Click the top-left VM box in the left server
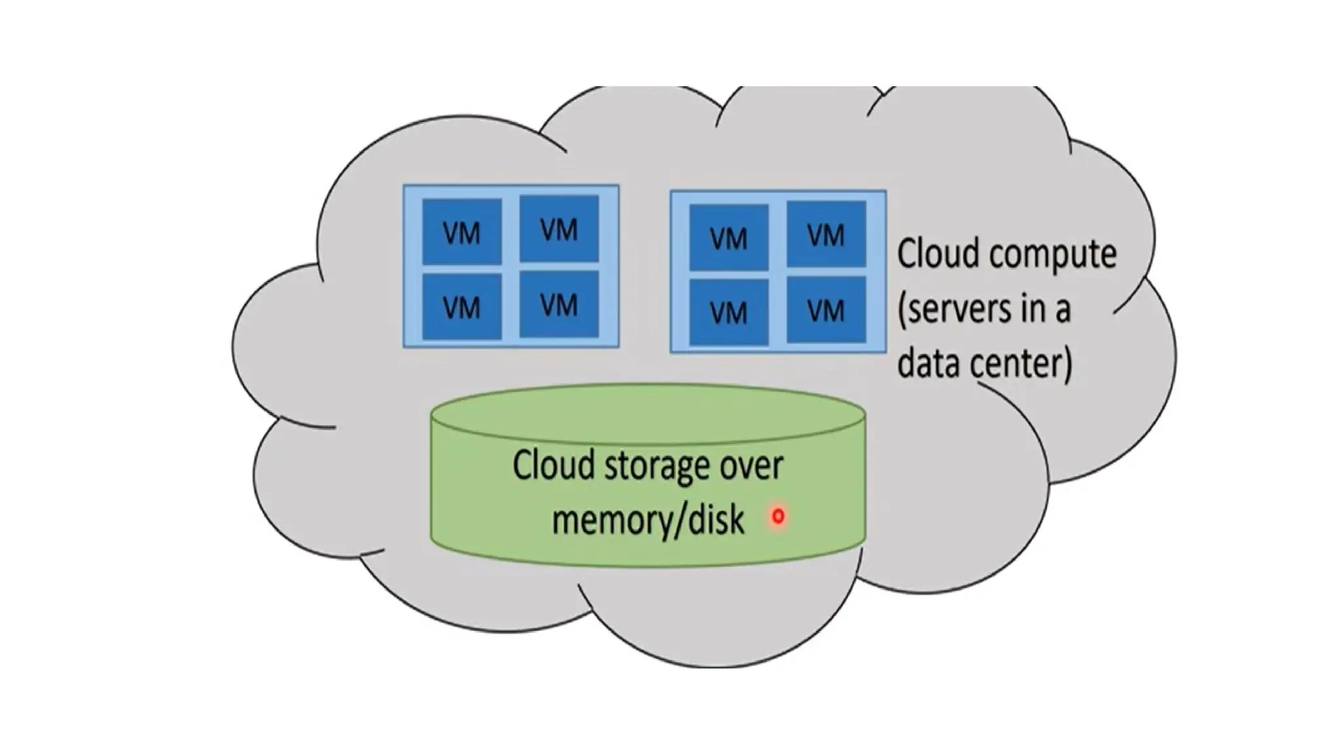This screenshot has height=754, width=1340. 462,232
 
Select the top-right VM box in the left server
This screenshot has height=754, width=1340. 559,228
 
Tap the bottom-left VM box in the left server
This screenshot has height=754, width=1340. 462,307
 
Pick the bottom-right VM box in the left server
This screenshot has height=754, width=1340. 559,304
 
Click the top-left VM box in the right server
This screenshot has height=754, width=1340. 728,237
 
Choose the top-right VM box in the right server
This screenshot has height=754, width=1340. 826,234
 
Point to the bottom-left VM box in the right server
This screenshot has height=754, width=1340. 728,312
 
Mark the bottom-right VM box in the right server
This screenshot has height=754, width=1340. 826,310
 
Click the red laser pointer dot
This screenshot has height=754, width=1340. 778,516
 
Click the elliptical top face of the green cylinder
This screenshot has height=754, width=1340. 648,410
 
